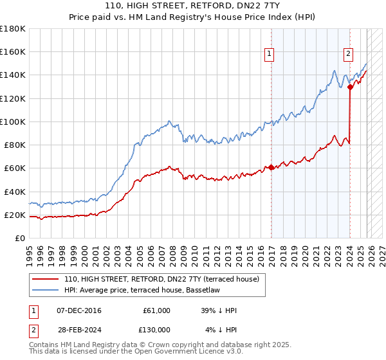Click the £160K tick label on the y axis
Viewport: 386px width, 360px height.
13,51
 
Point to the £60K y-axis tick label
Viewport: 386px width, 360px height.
14,168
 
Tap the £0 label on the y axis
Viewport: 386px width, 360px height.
21,239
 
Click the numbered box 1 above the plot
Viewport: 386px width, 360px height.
269,55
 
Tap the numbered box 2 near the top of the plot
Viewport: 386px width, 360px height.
348,55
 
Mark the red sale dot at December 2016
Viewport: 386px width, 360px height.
271,167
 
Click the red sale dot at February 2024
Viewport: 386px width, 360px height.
350,87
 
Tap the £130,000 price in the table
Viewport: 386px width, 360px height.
156,330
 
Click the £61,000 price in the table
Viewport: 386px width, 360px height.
156,310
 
